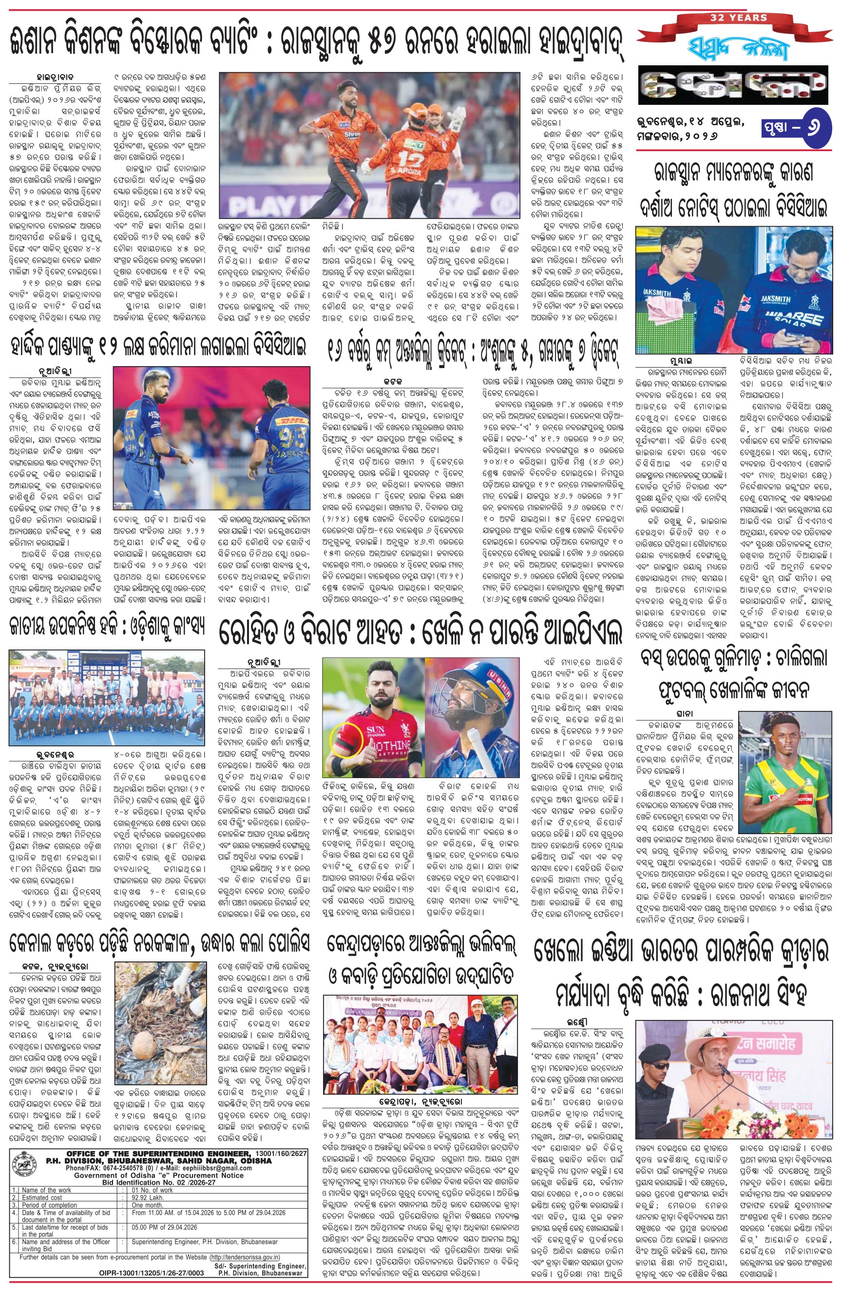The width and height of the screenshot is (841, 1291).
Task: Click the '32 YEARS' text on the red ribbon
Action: click(739, 18)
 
